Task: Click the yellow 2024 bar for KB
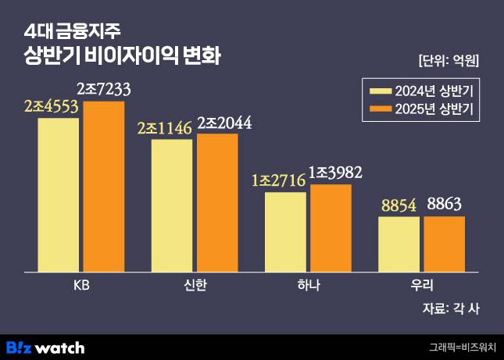point(58,195)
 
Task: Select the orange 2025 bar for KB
point(104,187)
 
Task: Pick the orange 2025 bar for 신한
point(217,203)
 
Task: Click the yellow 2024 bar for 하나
point(285,232)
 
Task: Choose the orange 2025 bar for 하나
point(331,228)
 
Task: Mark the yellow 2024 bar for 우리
point(399,244)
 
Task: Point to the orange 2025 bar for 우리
point(444,244)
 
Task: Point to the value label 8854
point(399,205)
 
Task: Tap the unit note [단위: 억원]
point(449,60)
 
